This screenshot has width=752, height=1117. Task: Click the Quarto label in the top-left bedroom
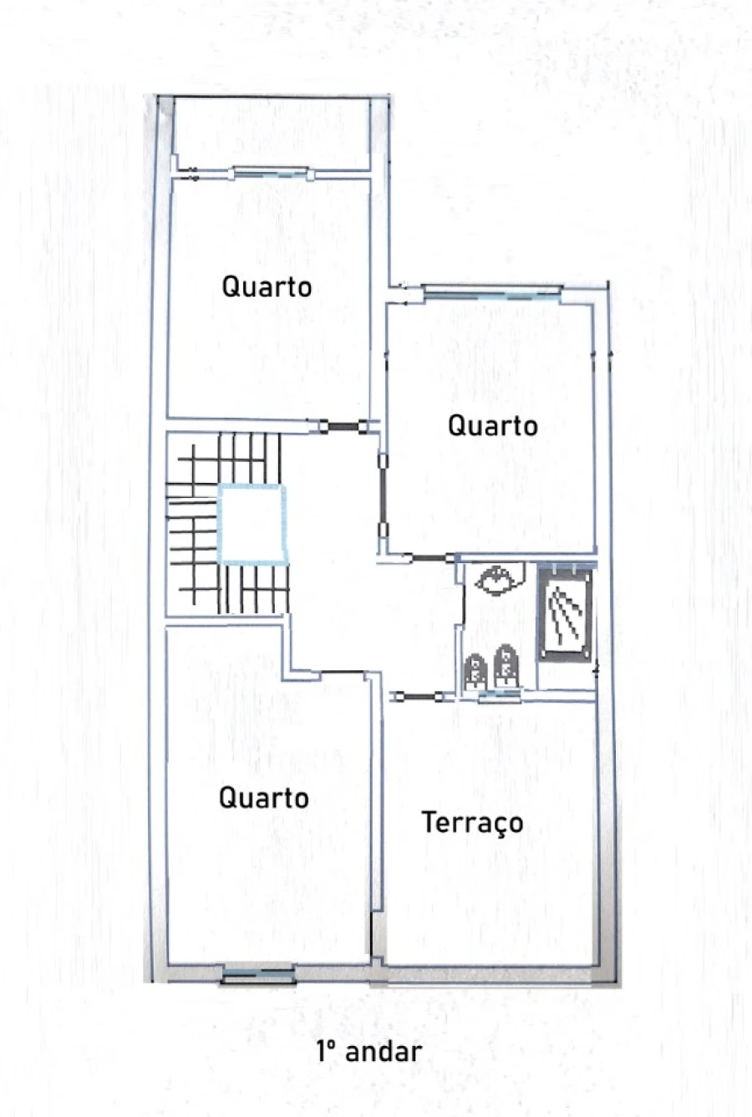(267, 287)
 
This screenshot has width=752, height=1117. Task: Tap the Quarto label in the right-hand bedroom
(493, 425)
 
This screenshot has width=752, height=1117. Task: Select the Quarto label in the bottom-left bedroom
(264, 797)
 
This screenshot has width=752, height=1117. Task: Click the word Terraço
(472, 823)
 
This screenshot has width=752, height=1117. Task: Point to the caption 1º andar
(369, 1051)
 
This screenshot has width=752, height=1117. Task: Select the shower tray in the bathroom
(566, 617)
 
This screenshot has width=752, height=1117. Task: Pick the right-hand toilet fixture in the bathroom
(506, 668)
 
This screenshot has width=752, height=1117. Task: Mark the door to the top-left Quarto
(343, 427)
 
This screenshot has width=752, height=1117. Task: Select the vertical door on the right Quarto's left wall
(383, 495)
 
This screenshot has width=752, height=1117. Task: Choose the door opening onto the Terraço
(416, 697)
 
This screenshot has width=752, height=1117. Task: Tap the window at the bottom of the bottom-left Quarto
(258, 973)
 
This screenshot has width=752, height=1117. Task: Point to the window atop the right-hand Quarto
(491, 293)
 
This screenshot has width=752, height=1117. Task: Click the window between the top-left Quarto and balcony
(272, 173)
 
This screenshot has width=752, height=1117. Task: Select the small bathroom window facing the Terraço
(500, 696)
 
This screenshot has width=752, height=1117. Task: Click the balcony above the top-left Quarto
(272, 134)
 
